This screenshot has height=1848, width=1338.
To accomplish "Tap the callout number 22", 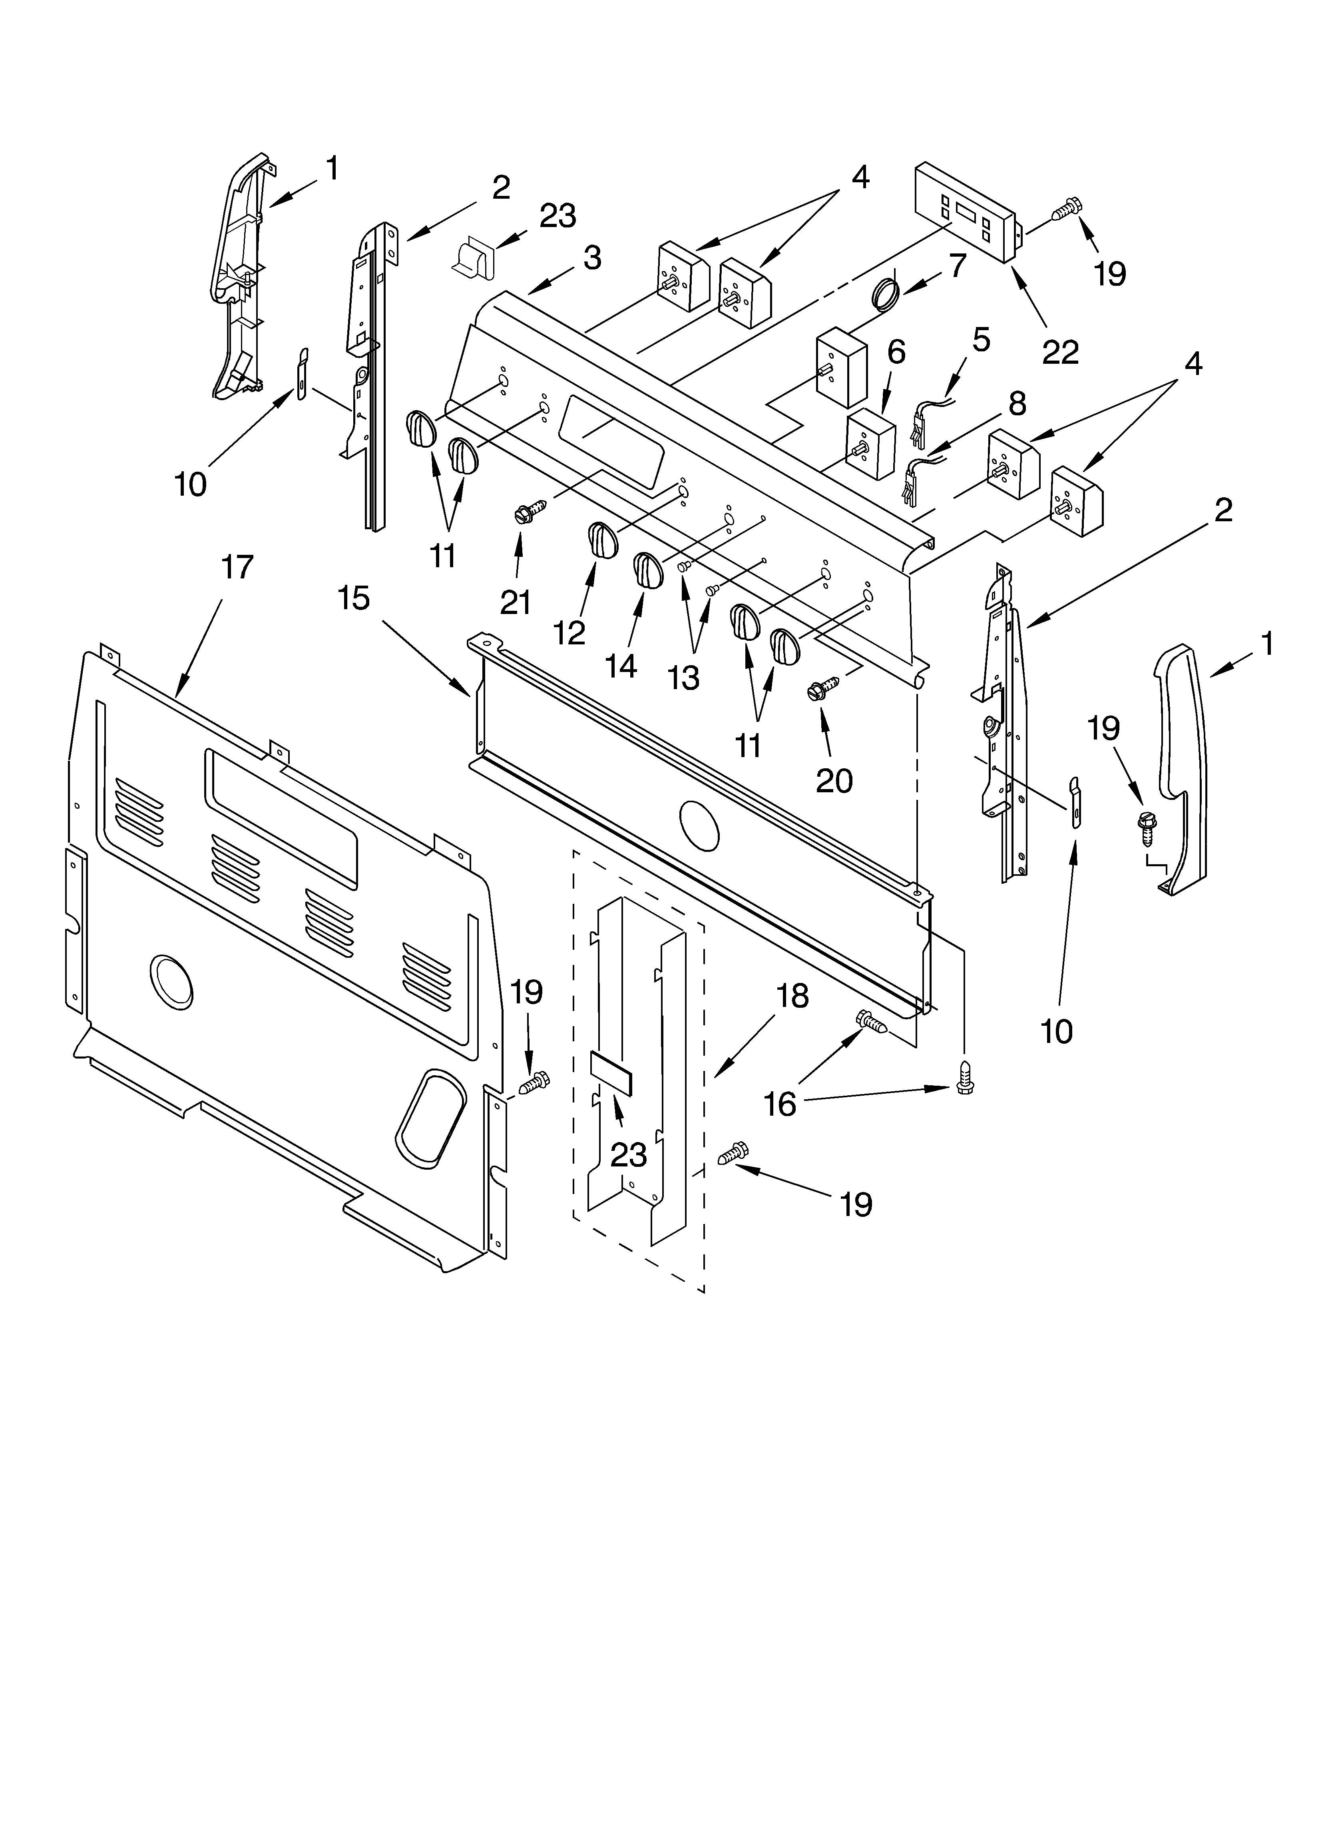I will tap(1060, 352).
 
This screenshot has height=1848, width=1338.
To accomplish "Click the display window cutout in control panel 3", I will tap(611, 443).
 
